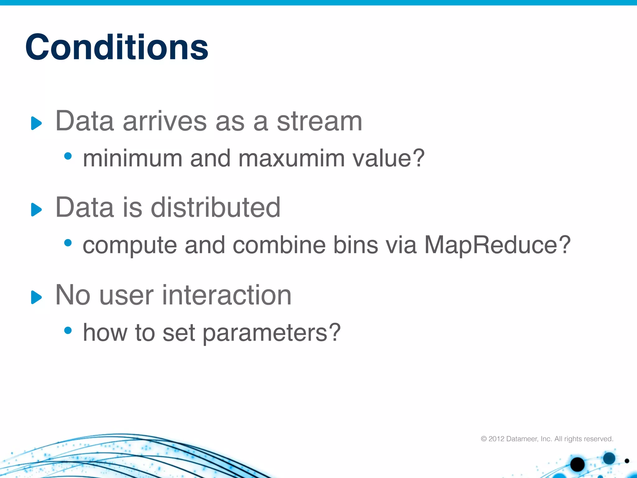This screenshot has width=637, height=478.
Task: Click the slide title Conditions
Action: click(x=117, y=47)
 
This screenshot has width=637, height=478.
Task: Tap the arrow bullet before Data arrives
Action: click(x=36, y=123)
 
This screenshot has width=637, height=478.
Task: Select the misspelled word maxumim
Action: click(x=291, y=158)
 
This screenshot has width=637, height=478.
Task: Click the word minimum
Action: click(x=133, y=158)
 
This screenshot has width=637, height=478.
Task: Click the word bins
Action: click(x=356, y=245)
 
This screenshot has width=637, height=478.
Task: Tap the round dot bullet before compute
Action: click(x=68, y=242)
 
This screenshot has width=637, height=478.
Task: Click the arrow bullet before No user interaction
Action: click(x=36, y=297)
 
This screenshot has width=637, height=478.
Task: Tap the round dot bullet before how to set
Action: click(x=68, y=330)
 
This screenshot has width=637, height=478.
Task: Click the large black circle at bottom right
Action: click(x=577, y=465)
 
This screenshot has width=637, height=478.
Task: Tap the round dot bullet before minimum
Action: click(x=68, y=156)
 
